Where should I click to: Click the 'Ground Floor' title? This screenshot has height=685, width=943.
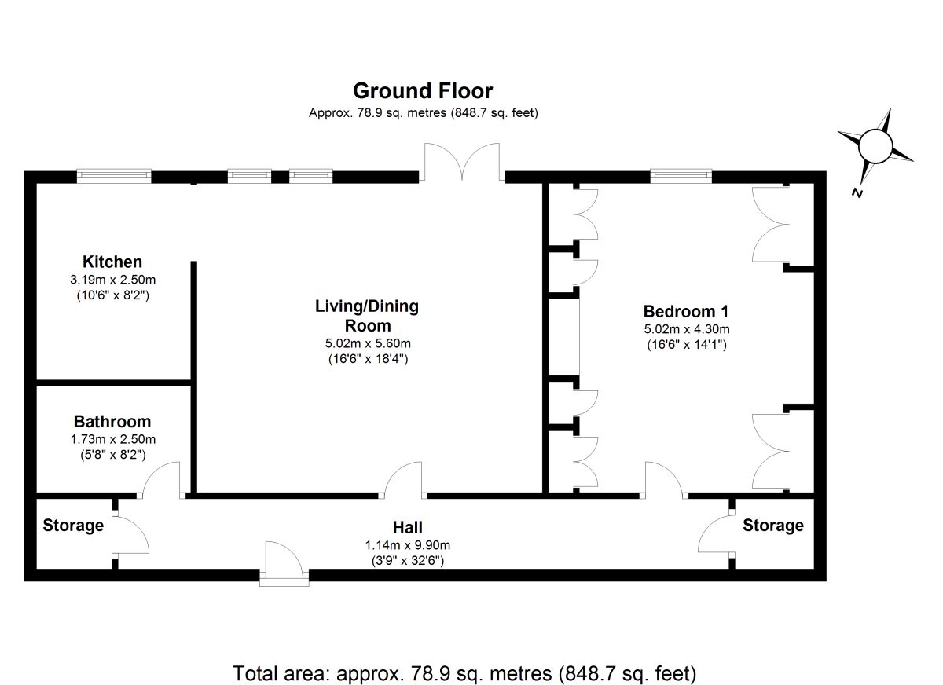click(x=423, y=91)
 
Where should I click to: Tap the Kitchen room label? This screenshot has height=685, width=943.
click(x=112, y=262)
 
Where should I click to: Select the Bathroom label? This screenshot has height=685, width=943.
click(x=112, y=422)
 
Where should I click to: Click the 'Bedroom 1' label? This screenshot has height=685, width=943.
click(x=681, y=310)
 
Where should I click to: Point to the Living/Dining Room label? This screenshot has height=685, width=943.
click(x=367, y=315)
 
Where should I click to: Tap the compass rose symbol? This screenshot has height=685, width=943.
click(x=875, y=146)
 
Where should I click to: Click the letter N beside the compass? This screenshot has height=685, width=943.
click(x=857, y=193)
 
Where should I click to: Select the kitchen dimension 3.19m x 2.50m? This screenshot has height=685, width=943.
click(x=112, y=280)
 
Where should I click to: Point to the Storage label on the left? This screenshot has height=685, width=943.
click(x=73, y=525)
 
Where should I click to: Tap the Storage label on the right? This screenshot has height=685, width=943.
click(x=773, y=525)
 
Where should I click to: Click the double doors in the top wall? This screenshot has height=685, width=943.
click(x=463, y=162)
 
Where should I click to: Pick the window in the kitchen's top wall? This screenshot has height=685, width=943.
click(x=114, y=176)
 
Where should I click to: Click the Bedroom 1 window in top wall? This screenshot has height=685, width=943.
click(x=681, y=176)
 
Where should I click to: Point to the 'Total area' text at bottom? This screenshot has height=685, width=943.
click(x=464, y=673)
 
